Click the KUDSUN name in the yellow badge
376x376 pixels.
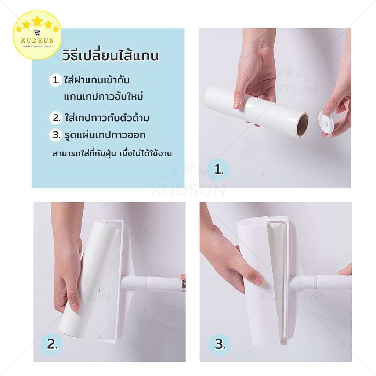point(37,40)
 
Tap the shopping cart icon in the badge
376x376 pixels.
point(37,32)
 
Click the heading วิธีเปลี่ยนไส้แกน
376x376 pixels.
point(111,55)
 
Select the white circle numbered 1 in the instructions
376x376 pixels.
point(56,80)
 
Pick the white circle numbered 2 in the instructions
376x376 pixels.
point(56,118)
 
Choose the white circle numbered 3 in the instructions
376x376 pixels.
point(56,135)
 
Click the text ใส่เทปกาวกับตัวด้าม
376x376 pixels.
point(107,118)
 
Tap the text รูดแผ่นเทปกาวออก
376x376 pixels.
point(105,135)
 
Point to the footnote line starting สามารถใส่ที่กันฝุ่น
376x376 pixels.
point(112,153)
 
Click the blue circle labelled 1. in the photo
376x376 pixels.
point(218,170)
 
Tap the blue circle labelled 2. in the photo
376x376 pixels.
point(51,344)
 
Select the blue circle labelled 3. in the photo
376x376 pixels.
point(220,344)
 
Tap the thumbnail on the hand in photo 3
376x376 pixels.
point(258,280)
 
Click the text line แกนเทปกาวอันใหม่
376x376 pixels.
point(104,97)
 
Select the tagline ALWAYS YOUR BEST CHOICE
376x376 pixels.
point(37,46)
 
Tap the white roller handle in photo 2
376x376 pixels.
point(153,283)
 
